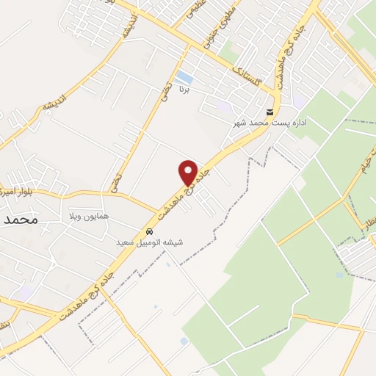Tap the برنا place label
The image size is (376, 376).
(x=185, y=90)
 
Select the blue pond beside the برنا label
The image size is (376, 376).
(x=184, y=77)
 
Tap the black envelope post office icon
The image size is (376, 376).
(x=270, y=112)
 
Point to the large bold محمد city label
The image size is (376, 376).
(x=20, y=219)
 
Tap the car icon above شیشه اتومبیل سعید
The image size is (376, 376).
(x=150, y=230)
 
